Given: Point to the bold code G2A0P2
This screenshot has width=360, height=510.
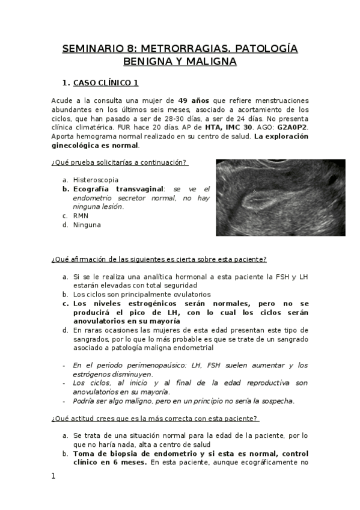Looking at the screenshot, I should point(292,127).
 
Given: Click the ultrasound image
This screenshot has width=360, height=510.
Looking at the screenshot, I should point(280,197).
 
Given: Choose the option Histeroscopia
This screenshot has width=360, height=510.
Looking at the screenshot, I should point(96,180).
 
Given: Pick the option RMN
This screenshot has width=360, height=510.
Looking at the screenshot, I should point(81,215).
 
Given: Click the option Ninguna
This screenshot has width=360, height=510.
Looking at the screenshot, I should point(87,225).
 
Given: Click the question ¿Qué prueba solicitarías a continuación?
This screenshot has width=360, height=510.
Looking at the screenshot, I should point(120,162).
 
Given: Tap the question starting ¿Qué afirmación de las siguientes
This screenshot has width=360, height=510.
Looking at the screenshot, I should point(159,259).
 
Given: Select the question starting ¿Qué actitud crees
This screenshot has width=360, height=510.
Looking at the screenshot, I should point(155,419).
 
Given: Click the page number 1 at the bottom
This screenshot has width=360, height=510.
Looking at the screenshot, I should point(53,476).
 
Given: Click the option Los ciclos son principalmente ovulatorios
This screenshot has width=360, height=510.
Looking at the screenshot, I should point(142,295).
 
